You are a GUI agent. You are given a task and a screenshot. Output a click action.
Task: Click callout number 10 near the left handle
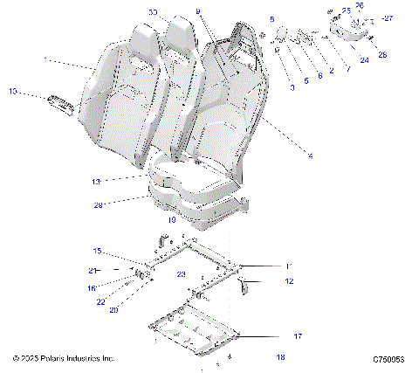[12, 90]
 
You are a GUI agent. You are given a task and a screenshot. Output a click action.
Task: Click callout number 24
[364, 60]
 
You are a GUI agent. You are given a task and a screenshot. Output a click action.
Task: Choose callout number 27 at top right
[388, 17]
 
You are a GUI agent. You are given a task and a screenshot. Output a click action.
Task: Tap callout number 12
[289, 281]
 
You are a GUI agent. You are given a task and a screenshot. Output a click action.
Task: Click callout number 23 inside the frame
[182, 274]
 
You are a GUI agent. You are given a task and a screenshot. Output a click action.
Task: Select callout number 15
[98, 251]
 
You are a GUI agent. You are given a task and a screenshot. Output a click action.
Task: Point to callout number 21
[93, 271]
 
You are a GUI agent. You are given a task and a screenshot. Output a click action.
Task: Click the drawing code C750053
[389, 359]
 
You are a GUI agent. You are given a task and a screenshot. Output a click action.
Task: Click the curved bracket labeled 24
[349, 35]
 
